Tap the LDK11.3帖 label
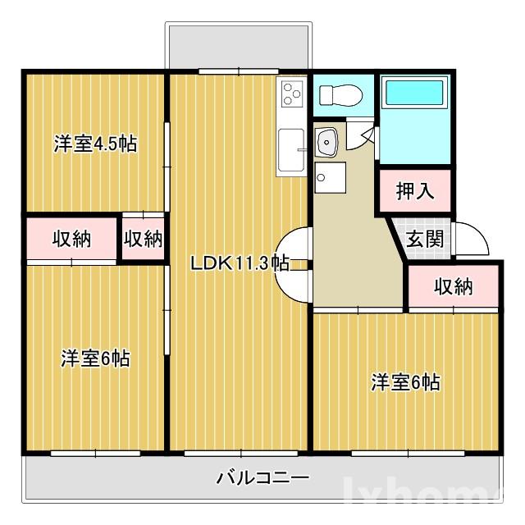[239, 263]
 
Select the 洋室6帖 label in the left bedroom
[95, 358]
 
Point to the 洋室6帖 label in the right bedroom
[405, 382]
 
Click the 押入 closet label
[414, 191]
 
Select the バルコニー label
[262, 477]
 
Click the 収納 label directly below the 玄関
[454, 286]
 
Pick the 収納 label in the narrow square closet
[144, 239]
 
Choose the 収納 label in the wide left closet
[72, 239]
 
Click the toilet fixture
[336, 97]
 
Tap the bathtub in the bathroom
[414, 97]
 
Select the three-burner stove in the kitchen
[291, 96]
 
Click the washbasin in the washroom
[327, 143]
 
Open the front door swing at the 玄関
[471, 239]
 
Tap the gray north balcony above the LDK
[239, 46]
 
